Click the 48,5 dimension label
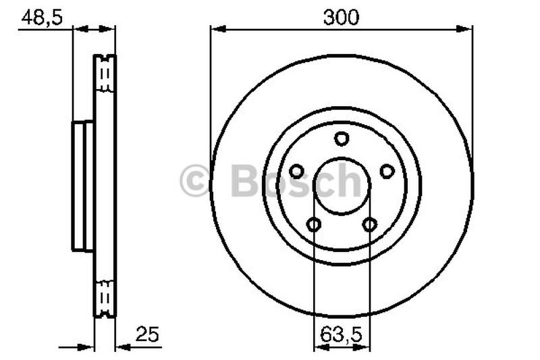point(42,18)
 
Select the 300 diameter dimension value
point(341,18)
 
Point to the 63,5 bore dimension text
point(342,333)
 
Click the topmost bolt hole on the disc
point(342,138)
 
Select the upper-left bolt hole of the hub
point(296,172)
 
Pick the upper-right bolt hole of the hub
point(387,172)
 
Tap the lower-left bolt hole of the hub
point(313,224)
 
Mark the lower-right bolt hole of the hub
point(369,224)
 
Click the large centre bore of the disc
point(342,186)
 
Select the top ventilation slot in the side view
point(104,74)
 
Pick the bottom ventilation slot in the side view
point(104,297)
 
